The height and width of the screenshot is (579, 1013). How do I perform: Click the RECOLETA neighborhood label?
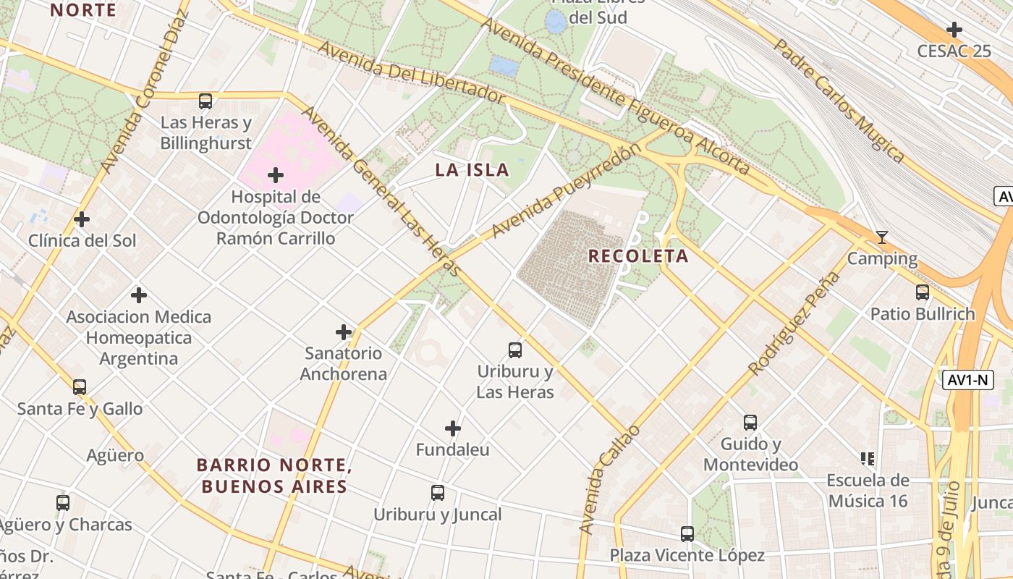coord(638,256)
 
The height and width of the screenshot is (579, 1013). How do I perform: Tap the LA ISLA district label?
coord(472,170)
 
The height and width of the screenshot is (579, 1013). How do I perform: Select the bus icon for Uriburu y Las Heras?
coord(515,350)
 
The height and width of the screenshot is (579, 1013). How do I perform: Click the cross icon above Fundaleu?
coord(453,428)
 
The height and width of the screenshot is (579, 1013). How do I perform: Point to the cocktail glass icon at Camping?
coord(881,237)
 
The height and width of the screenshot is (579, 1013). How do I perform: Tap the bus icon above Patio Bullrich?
coord(923,292)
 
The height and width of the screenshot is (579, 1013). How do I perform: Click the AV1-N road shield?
coord(968,379)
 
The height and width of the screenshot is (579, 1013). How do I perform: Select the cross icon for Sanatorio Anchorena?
coord(344,332)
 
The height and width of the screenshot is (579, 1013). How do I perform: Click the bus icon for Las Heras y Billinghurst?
coord(205,101)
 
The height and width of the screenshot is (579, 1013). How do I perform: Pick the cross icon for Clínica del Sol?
coord(82,219)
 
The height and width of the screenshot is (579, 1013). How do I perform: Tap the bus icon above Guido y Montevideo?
coord(750,422)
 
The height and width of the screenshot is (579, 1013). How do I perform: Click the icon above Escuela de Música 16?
coord(868,458)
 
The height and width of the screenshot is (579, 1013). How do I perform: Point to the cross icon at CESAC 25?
coord(954,30)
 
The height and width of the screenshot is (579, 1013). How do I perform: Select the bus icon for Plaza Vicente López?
coord(687,534)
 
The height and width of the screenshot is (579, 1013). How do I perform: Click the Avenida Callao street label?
coord(609,480)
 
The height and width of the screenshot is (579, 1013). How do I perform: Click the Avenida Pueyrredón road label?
coord(566,190)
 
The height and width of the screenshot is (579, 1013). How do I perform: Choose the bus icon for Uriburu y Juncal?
coord(438,493)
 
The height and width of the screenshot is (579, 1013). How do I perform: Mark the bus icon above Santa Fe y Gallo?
coord(80,387)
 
